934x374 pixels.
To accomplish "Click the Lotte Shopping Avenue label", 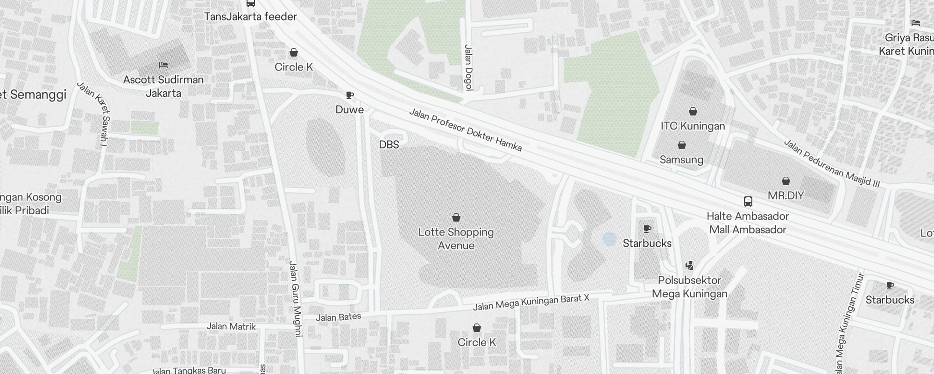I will click(456, 238).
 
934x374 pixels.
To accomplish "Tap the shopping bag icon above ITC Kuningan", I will click(693, 111).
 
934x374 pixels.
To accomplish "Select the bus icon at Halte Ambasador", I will click(748, 201).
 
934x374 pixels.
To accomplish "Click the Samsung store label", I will click(681, 160).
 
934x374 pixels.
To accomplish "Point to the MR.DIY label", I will click(785, 195).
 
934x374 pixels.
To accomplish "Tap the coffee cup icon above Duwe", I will click(349, 95).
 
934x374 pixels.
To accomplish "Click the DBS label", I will click(389, 145).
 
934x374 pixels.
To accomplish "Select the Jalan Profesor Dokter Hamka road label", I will click(465, 130).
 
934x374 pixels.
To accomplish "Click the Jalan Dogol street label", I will click(468, 67).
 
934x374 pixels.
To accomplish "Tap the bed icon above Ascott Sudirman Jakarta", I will click(163, 65).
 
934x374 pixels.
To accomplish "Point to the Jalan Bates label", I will click(339, 317).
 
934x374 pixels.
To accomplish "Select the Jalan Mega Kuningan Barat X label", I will click(531, 303).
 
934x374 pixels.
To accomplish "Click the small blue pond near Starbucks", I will click(609, 239).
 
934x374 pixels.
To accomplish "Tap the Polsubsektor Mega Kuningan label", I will click(689, 287).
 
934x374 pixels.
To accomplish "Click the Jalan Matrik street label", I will click(231, 326).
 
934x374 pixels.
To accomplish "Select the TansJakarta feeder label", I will click(251, 17).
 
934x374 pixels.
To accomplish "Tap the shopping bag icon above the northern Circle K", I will click(294, 52).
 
